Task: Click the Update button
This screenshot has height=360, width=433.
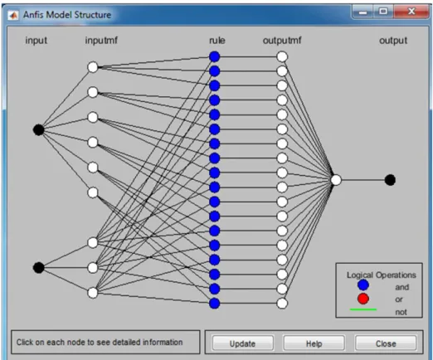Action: [x=243, y=343]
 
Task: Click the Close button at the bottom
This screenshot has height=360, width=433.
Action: [x=386, y=343]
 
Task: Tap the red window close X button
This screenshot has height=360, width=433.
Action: [x=411, y=12]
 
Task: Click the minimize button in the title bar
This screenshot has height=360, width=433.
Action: [x=362, y=12]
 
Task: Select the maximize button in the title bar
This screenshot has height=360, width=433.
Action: [x=383, y=12]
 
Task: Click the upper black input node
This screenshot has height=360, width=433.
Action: [x=38, y=129]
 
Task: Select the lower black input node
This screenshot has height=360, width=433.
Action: [x=38, y=268]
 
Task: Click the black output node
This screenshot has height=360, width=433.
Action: [x=390, y=180]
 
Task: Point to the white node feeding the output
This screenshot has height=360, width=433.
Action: [x=336, y=180]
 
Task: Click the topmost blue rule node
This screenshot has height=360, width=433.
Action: [x=215, y=56]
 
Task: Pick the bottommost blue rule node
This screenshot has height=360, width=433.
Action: [x=215, y=304]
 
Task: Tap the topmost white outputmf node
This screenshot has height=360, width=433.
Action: [x=282, y=56]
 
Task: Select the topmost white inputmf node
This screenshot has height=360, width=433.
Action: [x=93, y=67]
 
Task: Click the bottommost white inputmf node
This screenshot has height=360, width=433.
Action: [x=93, y=293]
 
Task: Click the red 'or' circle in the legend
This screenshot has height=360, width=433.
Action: [x=363, y=299]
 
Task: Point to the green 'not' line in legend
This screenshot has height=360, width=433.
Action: [x=363, y=309]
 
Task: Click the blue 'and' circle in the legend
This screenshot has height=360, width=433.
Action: [x=363, y=285]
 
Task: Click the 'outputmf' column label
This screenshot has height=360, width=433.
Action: [x=282, y=41]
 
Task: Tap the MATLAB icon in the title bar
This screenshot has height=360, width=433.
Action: [x=13, y=15]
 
